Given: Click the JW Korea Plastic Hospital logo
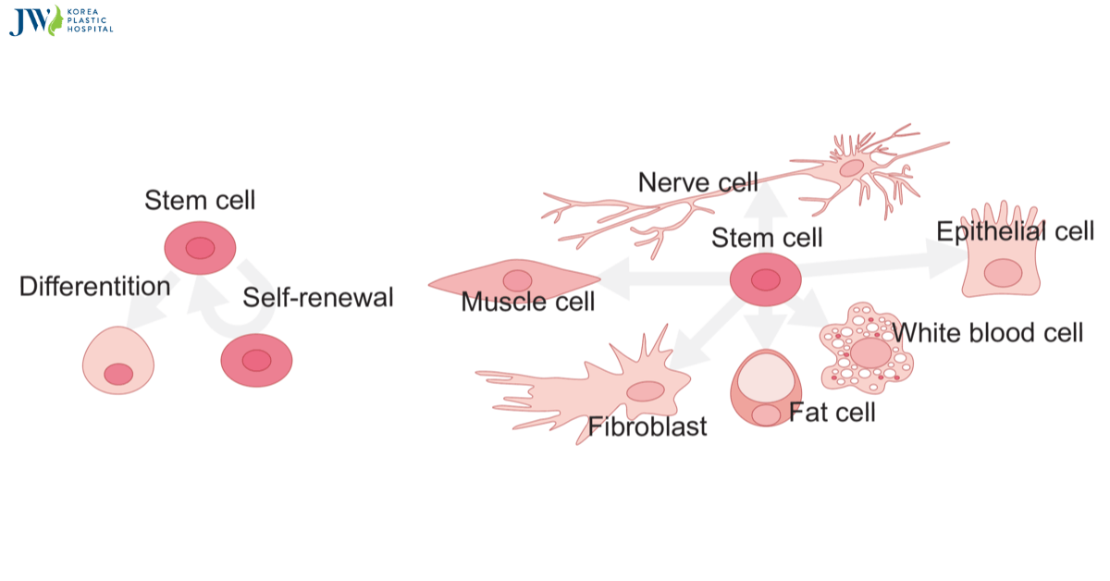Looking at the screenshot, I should [61, 20].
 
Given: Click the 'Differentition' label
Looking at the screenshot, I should [94, 287].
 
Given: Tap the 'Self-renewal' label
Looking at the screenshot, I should [318, 298].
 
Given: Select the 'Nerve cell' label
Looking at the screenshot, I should [697, 182].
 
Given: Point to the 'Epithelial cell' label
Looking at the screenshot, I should [1015, 231].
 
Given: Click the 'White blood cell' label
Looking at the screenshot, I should [987, 332].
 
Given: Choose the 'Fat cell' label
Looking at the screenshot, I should [832, 412].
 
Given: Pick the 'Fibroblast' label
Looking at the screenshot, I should [647, 426].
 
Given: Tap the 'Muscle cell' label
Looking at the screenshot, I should [528, 302].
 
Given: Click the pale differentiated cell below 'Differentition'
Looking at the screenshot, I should [118, 361].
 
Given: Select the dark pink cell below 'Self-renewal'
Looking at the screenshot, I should [256, 361].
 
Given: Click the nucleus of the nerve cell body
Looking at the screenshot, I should [851, 168].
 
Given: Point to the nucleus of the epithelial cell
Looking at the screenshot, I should [1003, 273].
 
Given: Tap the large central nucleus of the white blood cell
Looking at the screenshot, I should [870, 352].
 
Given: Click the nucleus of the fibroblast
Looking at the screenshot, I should [645, 391].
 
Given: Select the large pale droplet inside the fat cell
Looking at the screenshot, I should [766, 377].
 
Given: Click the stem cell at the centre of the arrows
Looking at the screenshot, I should [765, 279].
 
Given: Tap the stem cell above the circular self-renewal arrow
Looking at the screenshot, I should [200, 248].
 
